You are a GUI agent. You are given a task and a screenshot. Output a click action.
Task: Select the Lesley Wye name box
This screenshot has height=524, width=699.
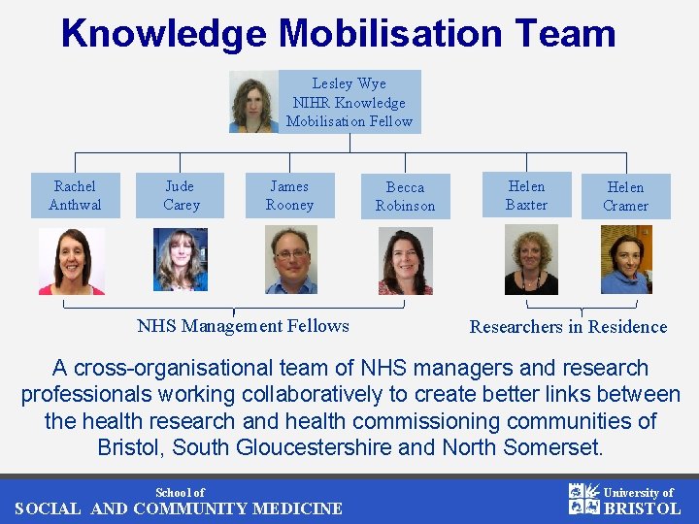click(x=349, y=102)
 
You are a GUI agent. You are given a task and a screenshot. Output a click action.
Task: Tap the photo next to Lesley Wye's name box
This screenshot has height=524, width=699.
click(x=253, y=102)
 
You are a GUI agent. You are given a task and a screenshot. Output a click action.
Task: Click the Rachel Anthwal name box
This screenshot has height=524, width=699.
click(x=75, y=195)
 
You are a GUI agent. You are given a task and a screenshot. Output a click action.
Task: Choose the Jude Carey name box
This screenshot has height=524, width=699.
click(x=181, y=195)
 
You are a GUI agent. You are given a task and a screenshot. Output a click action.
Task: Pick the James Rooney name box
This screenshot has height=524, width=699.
click(x=289, y=195)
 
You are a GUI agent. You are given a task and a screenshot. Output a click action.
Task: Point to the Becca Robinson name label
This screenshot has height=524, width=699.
click(x=405, y=196)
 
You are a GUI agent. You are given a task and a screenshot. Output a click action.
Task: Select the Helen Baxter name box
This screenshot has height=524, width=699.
click(x=526, y=195)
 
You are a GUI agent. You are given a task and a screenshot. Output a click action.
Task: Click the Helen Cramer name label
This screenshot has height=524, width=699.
click(x=625, y=196)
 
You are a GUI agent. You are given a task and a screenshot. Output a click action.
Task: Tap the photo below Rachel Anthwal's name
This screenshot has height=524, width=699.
click(x=72, y=260)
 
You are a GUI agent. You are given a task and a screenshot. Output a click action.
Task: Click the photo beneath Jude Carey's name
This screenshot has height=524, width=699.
click(x=181, y=259)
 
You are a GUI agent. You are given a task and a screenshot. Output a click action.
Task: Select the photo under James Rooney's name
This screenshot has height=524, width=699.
click(x=290, y=260)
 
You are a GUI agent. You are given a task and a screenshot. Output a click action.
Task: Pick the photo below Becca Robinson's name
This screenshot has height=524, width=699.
click(x=405, y=261)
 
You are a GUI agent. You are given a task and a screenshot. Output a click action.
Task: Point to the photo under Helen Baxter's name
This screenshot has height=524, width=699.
click(x=531, y=260)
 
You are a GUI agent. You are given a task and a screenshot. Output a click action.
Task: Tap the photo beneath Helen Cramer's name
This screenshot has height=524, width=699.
click(x=626, y=260)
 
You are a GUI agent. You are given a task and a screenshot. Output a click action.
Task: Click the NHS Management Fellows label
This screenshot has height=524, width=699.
click(x=243, y=326)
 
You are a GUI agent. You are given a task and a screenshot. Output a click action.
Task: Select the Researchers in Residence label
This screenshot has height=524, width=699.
click(x=568, y=327)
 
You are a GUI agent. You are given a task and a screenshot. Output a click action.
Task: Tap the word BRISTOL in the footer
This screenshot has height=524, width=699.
click(x=642, y=508)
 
